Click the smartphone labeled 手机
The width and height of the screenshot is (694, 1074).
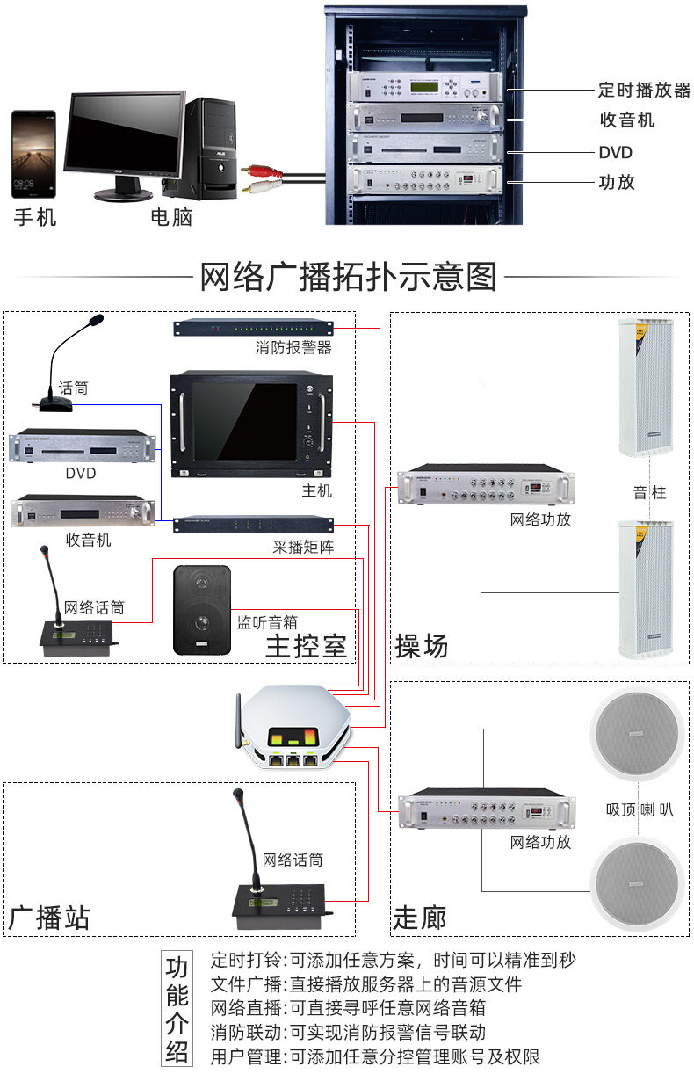pyautogui.click(x=33, y=155)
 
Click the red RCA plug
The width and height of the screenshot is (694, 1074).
pyautogui.click(x=261, y=171)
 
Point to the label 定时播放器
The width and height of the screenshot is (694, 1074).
pyautogui.click(x=644, y=90)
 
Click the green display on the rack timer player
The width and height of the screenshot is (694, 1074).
pyautogui.click(x=424, y=87)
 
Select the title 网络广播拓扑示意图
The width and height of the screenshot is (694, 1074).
pyautogui.click(x=348, y=277)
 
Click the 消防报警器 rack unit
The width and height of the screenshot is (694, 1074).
pyautogui.click(x=253, y=328)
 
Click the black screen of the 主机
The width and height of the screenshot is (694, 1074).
pyautogui.click(x=244, y=421)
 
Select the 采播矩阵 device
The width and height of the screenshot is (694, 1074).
pyautogui.click(x=253, y=524)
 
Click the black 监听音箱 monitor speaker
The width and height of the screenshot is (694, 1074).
pyautogui.click(x=202, y=610)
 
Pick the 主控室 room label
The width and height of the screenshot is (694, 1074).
pyautogui.click(x=306, y=646)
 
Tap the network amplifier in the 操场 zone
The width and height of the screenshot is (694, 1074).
pyautogui.click(x=486, y=484)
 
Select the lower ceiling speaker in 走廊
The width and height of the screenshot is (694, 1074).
pyautogui.click(x=637, y=883)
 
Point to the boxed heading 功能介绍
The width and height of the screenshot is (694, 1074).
pyautogui.click(x=177, y=1010)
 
